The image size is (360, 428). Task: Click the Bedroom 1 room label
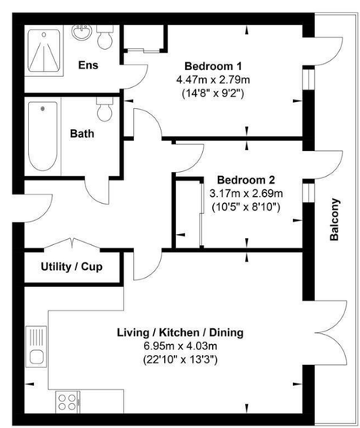coord(213,66)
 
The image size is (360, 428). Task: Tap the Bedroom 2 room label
coord(246,180)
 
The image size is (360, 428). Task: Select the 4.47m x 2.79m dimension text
coord(213,80)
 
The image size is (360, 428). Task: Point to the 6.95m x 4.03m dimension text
coord(180,346)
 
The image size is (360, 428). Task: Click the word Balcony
coord(334,219)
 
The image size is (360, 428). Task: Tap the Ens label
coord(88,65)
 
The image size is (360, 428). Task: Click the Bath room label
coord(82,134)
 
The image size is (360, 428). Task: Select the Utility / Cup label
coord(72,267)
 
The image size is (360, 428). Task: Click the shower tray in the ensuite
coord(44,51)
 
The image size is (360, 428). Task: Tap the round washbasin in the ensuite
coord(82,32)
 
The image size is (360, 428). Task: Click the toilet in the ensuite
coord(105,37)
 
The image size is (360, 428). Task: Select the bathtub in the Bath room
coord(43,136)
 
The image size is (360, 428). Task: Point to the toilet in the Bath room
coord(105,109)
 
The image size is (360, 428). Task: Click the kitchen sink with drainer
coord(36,346)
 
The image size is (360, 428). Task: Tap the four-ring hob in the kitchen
coord(68,402)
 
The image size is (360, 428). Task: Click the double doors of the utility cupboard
coord(72,243)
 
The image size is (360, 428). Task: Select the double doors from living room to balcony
coord(330,333)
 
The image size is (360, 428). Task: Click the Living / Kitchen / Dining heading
coord(180,333)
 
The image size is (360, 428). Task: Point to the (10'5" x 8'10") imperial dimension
coord(246,207)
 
